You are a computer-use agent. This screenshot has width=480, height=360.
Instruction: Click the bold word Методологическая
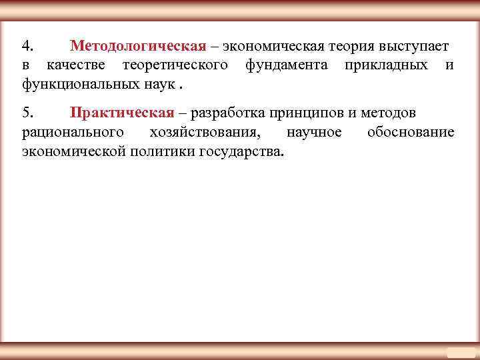(x=137, y=47)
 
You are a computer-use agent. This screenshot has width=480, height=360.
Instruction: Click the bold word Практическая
(x=121, y=113)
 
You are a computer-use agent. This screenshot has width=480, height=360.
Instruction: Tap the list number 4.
(x=26, y=47)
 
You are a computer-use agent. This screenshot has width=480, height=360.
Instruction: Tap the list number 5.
(x=26, y=113)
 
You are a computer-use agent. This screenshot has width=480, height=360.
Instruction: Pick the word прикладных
(x=386, y=65)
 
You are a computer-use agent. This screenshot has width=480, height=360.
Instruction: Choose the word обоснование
(x=411, y=132)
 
